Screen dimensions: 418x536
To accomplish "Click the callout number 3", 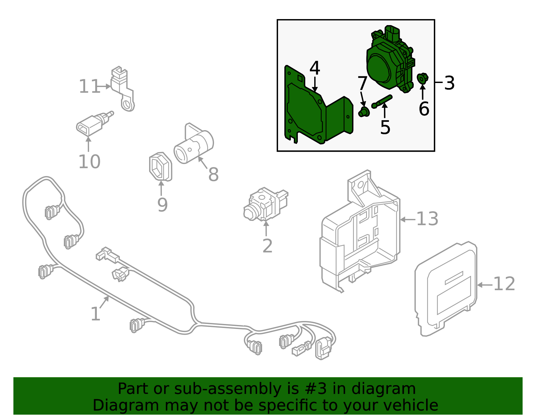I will click(x=449, y=83).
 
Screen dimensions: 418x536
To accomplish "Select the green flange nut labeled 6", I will click(x=422, y=78).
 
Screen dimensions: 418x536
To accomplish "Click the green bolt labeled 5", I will click(x=382, y=101).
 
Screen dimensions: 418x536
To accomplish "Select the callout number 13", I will click(x=427, y=219).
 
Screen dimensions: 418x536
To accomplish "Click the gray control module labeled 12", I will click(x=446, y=288).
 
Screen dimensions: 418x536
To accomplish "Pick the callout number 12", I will click(x=504, y=284).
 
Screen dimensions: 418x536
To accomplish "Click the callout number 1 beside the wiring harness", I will click(x=95, y=314).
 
